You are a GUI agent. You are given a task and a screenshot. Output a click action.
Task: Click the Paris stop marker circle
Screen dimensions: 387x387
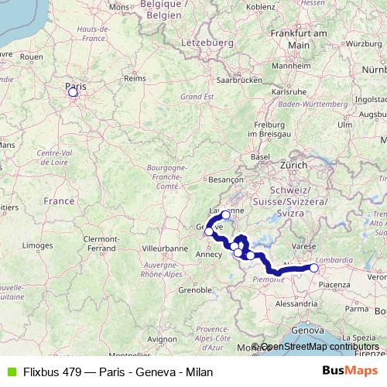coord(73,92)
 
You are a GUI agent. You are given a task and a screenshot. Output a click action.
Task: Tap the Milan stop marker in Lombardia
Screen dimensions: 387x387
coord(314,268)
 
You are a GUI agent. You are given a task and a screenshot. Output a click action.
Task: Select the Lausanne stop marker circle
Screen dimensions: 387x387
coord(225,214)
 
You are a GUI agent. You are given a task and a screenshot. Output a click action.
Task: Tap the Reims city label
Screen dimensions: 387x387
coord(135,78)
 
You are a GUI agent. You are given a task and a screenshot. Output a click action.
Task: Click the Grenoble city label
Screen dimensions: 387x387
coord(195,290)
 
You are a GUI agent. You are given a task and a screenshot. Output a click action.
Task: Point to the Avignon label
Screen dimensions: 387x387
coord(162,339)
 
